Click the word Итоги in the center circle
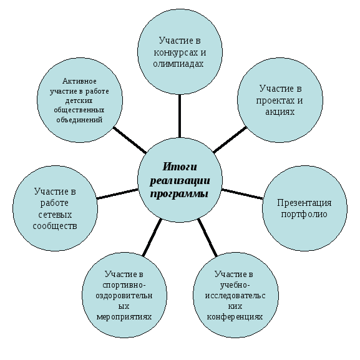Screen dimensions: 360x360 (180, 167)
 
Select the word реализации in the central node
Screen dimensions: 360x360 (180, 181)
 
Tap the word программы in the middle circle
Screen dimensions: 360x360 (179, 194)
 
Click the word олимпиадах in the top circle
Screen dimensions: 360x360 (178, 64)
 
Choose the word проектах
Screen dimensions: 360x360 (272, 101)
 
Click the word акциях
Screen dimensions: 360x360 (280, 112)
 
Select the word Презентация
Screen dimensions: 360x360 (304, 203)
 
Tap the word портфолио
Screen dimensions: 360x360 (304, 214)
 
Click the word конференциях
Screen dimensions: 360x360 (235, 316)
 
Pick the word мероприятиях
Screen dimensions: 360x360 (124, 317)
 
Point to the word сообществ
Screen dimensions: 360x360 (55, 226)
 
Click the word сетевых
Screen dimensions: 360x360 (55, 215)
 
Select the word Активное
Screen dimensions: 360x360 (79, 81)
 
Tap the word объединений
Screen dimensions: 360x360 (79, 120)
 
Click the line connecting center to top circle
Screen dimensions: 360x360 (180, 116)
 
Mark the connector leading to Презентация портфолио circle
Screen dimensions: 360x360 (242, 194)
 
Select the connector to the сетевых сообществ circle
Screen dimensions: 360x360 (117, 194)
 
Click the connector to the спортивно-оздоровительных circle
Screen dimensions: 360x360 (152, 237)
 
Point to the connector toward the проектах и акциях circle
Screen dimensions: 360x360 (230, 139)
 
